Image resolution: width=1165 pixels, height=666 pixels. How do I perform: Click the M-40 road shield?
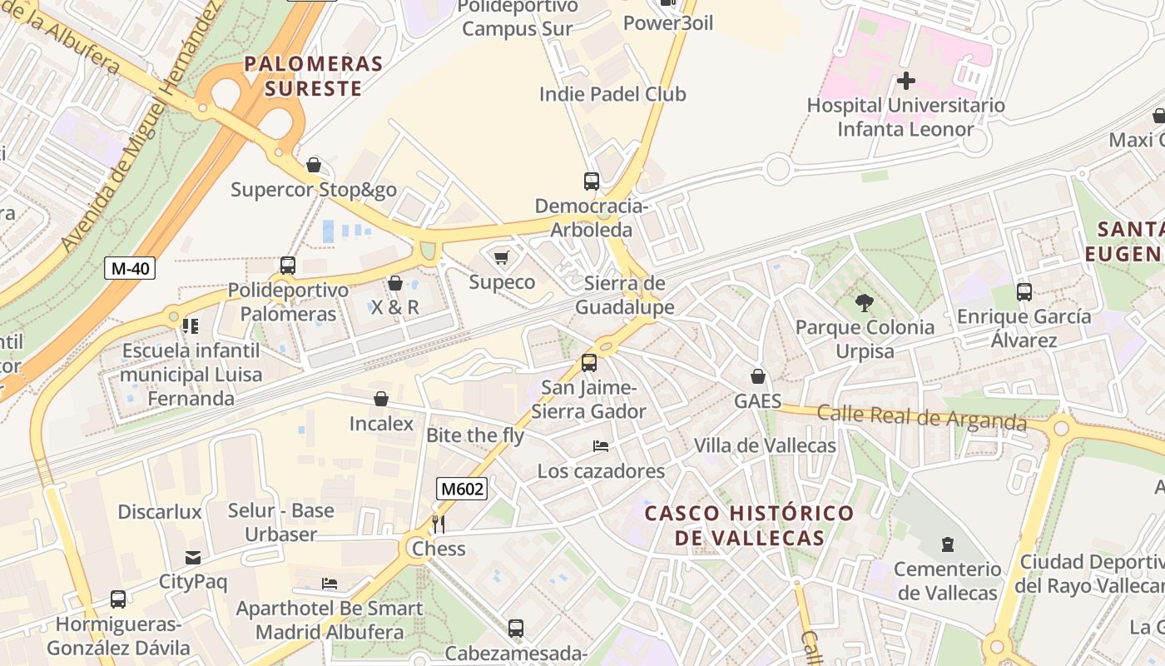(130, 268)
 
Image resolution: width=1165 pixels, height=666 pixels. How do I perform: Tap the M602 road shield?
(461, 489)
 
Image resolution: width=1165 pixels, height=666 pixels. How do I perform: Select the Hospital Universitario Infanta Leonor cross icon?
(906, 81)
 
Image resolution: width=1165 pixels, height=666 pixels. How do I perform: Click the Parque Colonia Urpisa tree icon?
(865, 303)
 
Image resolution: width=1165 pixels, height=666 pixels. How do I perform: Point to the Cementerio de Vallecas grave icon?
(947, 545)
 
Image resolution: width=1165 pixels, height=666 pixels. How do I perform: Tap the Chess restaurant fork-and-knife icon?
(439, 524)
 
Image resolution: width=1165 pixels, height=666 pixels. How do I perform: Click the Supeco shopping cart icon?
(501, 257)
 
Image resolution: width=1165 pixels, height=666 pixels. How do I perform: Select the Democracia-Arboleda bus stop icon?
(591, 181)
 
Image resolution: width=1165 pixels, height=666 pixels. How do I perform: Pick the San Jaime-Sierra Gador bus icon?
(588, 362)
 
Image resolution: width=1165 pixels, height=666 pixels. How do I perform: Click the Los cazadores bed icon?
(601, 446)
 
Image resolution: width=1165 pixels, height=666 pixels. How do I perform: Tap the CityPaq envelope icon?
(193, 557)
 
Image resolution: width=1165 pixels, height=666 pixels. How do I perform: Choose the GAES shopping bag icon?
(757, 376)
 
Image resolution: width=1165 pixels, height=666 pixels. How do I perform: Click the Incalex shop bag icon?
(381, 399)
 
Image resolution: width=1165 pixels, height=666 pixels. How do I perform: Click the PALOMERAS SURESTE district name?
(313, 76)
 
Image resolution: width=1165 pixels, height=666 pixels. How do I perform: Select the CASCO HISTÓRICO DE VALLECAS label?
(750, 525)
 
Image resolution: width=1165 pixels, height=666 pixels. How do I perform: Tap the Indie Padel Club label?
(612, 94)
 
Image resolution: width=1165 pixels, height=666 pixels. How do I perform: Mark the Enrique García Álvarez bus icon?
(1024, 292)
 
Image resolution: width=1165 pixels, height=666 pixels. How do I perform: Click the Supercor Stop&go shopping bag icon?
(314, 165)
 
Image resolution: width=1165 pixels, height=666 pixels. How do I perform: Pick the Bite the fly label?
(475, 435)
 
